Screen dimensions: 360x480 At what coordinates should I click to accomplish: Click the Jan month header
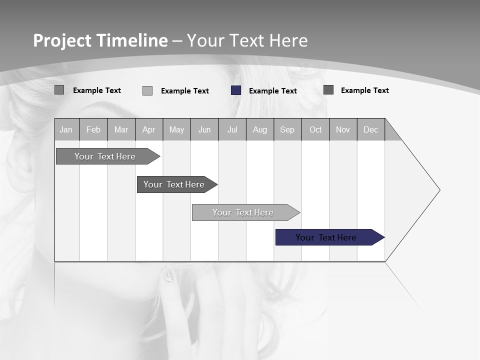(x=66, y=129)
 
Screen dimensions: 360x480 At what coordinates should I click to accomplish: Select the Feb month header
(x=93, y=129)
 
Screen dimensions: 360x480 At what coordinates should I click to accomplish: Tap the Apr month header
(x=149, y=129)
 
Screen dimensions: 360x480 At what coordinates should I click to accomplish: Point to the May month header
(x=176, y=129)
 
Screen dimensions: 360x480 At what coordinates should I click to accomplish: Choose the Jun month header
(x=204, y=129)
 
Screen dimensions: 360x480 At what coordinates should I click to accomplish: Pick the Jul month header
(x=232, y=129)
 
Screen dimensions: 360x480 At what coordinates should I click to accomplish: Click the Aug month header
(x=260, y=129)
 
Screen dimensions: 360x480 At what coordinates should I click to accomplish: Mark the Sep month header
(x=287, y=129)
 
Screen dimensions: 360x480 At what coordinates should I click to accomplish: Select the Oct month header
(x=315, y=129)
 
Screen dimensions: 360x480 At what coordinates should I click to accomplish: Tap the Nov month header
(x=343, y=129)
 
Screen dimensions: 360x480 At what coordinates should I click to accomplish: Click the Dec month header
(x=371, y=129)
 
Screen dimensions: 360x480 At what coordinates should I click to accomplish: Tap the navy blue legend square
(x=236, y=90)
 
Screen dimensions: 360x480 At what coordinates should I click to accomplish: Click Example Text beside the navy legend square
(x=273, y=91)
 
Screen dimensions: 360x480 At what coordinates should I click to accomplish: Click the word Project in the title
(x=62, y=40)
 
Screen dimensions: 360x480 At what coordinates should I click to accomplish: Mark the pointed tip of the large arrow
(x=439, y=190)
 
